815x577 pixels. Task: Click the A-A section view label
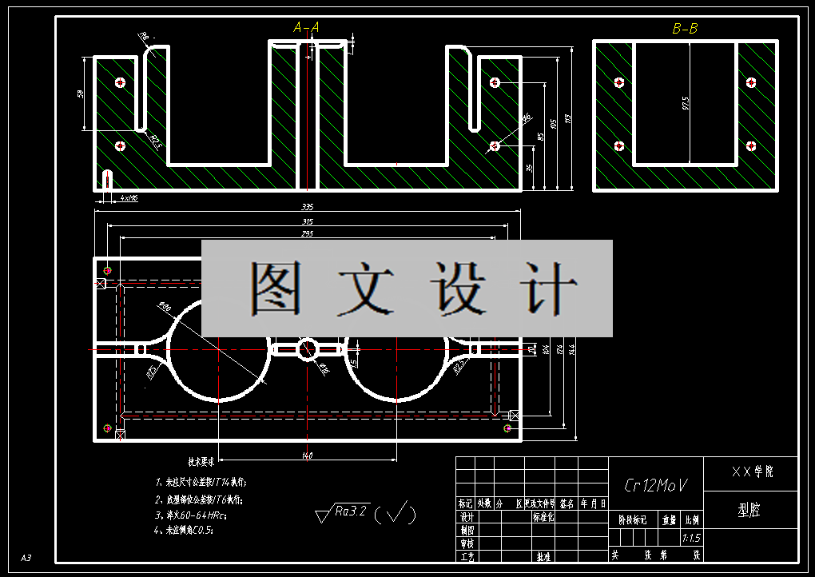click(306, 28)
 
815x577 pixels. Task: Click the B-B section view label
click(685, 29)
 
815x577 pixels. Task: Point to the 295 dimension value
click(308, 234)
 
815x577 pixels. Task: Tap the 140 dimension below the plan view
click(308, 456)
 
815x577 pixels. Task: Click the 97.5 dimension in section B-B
click(686, 104)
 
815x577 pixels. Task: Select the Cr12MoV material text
click(654, 485)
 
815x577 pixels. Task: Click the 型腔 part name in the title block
click(749, 510)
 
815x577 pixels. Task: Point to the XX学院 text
click(752, 472)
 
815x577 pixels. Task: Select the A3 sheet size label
click(26, 557)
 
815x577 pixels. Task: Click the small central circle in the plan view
click(308, 349)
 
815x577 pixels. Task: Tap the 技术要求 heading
click(201, 462)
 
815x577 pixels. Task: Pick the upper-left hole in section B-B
click(618, 82)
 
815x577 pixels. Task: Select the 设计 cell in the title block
click(467, 516)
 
